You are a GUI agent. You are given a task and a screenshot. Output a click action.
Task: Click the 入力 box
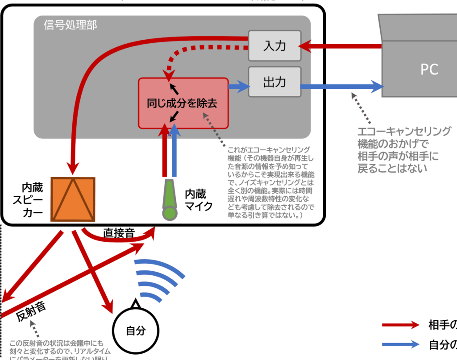coord(274,46)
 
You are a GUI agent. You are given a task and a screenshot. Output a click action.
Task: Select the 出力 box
coord(274,82)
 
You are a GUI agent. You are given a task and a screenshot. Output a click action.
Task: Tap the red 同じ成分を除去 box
coord(183,103)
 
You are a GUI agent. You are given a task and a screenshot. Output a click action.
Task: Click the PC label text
coord(429,69)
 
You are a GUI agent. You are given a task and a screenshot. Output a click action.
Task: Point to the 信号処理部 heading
coord(71,25)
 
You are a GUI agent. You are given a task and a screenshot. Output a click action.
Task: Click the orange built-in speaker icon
coord(73,199)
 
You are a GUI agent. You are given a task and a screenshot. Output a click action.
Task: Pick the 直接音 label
coord(119,232)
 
